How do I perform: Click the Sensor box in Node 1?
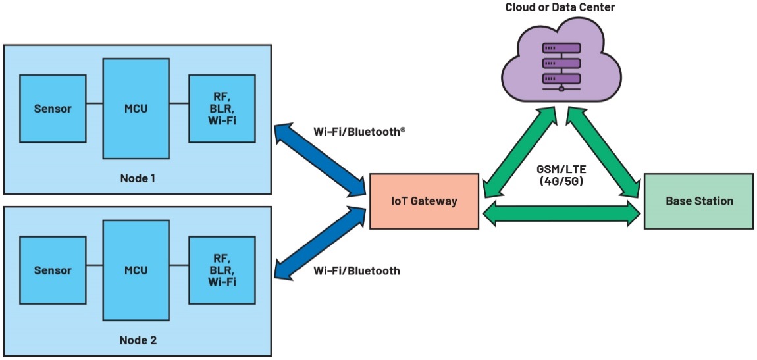coord(53,108)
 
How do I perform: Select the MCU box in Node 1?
coord(136,108)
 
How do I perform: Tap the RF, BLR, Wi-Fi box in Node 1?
coord(222,108)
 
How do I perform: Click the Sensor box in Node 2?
coord(53,270)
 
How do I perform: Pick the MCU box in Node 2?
coord(136,270)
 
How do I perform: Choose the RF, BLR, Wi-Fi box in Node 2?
coord(222,270)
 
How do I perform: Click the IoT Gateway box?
coord(423,201)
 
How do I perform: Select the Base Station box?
coord(698,201)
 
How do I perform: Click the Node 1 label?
coord(138,178)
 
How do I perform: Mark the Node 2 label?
coord(138,340)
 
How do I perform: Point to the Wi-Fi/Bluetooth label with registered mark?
coord(359,132)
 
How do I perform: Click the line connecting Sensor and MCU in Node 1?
coord(94,103)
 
